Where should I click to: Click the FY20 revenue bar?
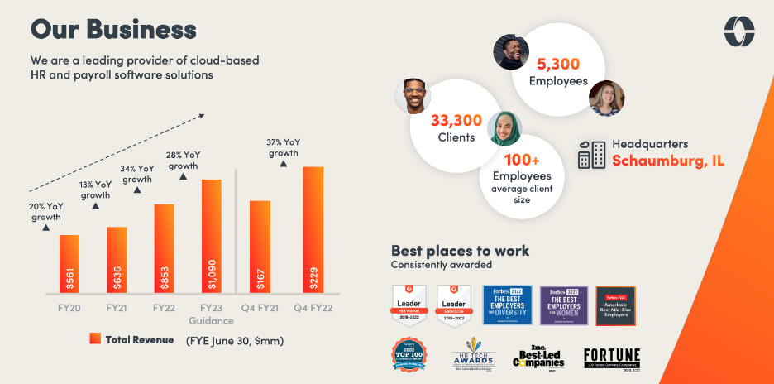pos(69,263)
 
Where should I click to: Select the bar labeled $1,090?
pos(212,236)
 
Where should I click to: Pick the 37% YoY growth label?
pos(283,147)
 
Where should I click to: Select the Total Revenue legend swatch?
pos(94,338)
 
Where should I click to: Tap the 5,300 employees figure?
pos(558,63)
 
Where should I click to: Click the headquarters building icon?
pos(590,153)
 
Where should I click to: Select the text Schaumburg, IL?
pos(668,161)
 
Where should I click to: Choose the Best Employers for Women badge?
pos(564,305)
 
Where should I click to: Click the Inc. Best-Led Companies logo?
pos(539,357)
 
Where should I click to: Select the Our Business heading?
pos(113,29)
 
